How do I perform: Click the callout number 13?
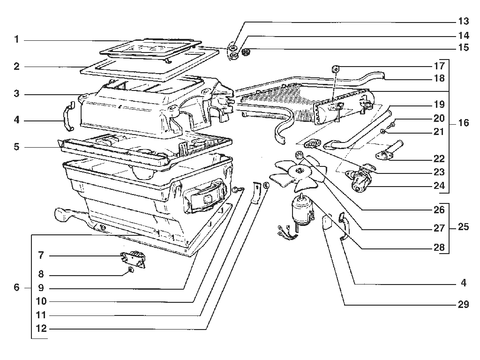click(x=464, y=21)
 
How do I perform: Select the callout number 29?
click(x=464, y=304)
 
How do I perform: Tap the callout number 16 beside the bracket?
click(x=464, y=123)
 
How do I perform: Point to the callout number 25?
click(x=464, y=227)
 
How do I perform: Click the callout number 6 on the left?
click(x=16, y=287)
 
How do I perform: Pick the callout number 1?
click(x=16, y=39)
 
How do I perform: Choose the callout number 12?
click(x=41, y=329)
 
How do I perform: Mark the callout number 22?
click(x=439, y=158)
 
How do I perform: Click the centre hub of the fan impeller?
click(x=299, y=171)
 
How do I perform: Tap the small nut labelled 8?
click(x=131, y=270)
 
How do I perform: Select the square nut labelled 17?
click(x=335, y=68)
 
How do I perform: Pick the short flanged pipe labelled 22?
click(x=390, y=150)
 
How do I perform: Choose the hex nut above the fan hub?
click(x=299, y=155)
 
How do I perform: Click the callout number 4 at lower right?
click(x=464, y=283)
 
